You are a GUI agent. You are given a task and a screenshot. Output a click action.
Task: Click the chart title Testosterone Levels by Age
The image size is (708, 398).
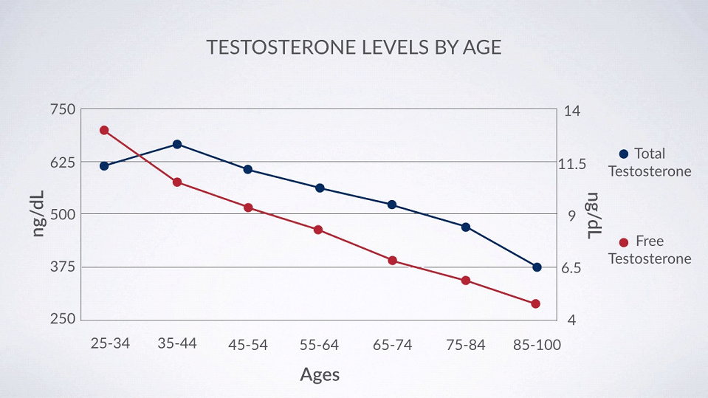point(354,48)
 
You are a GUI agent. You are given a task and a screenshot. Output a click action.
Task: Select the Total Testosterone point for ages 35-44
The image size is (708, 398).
point(177,144)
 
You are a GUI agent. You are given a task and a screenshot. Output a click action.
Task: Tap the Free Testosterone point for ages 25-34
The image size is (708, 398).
point(104,130)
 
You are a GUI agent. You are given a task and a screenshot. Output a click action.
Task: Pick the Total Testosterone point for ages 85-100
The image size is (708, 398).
point(537,267)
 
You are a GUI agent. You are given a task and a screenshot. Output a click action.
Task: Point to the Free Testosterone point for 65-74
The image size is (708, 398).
point(393,260)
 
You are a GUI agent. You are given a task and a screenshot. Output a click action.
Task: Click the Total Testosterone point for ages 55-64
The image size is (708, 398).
point(320,188)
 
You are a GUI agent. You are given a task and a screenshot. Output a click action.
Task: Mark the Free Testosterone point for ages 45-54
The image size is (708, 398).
point(248,207)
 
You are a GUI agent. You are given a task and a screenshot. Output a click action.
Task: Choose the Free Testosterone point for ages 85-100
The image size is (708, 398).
point(536,303)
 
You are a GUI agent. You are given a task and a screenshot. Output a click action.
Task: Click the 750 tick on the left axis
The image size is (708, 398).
point(62,109)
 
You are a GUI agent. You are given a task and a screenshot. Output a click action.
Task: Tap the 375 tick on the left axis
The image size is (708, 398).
point(62,267)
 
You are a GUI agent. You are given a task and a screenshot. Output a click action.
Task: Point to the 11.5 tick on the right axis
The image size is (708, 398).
point(574,163)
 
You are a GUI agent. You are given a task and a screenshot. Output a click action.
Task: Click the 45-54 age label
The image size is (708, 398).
point(248,345)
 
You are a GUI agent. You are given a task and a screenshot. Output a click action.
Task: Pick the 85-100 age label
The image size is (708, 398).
point(537,345)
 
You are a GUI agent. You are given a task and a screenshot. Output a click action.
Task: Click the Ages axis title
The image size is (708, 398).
point(320,374)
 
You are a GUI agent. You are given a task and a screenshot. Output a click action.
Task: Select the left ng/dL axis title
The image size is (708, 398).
point(38,213)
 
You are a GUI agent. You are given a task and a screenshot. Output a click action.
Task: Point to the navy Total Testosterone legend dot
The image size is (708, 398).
point(623,154)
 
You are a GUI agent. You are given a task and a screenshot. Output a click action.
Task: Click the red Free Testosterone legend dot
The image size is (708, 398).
point(623,241)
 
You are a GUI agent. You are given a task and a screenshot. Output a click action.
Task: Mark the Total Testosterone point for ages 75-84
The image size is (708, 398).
point(466,227)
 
